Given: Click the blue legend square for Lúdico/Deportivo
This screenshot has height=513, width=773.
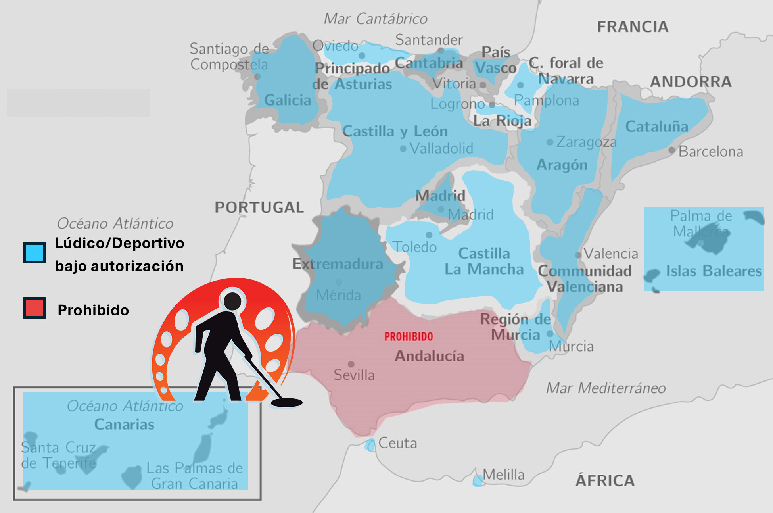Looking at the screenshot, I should tap(35, 252).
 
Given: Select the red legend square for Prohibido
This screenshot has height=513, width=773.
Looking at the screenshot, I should tap(35, 308).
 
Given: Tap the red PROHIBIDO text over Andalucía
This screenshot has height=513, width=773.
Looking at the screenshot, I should tap(409, 337).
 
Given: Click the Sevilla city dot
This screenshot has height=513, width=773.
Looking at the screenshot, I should tap(351, 364).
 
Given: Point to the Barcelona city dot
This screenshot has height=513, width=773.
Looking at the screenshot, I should tap(671, 150).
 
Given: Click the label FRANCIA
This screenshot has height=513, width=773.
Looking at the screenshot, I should tap(633, 27).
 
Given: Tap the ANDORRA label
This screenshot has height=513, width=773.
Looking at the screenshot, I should tap(691, 82).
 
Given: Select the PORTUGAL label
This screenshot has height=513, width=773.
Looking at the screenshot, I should tap(259, 207).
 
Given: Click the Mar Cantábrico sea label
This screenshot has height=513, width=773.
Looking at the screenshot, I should tap(376, 19).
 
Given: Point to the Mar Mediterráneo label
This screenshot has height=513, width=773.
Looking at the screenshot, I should tap(606, 388).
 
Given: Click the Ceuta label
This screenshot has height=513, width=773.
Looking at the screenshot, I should tap(397, 443).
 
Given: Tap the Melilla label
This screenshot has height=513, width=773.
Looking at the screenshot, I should tap(503, 475).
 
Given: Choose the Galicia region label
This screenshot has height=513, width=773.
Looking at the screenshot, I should tap(288, 100).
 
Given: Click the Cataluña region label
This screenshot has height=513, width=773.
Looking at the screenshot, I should tap(656, 127).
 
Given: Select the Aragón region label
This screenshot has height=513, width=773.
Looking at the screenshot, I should tap(562, 165).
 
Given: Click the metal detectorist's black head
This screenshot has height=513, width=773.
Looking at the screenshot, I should tap(232, 301).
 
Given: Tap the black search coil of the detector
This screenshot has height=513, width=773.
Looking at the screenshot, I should tap(286, 403).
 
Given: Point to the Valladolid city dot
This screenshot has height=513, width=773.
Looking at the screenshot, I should tap(403, 149).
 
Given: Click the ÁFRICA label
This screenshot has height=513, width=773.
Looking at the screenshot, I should tap(605, 480).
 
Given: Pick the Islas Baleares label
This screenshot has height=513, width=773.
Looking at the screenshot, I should tap(714, 271).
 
